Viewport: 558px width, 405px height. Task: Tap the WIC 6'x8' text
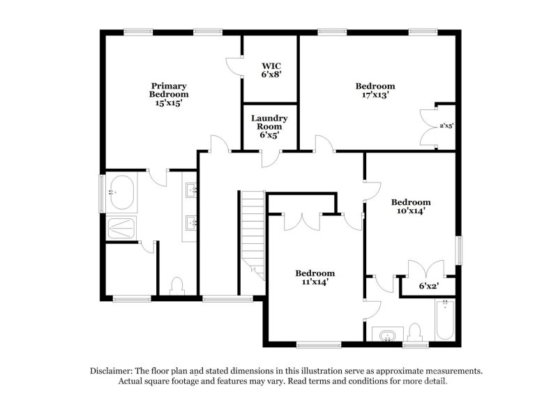(x=271, y=69)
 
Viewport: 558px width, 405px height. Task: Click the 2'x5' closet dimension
(x=446, y=126)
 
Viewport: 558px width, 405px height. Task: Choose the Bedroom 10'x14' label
(x=410, y=206)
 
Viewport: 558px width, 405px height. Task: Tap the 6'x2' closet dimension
(x=428, y=286)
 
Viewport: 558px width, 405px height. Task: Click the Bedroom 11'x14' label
(x=314, y=277)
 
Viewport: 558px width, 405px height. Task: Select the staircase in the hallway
(x=253, y=234)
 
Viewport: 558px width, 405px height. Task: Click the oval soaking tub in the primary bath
(x=121, y=192)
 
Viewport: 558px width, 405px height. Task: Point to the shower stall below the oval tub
(x=121, y=228)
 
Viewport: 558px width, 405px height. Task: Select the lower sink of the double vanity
(x=191, y=222)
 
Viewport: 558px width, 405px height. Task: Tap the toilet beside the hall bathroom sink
(x=415, y=332)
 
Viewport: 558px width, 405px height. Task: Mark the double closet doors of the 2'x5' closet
(x=427, y=126)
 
